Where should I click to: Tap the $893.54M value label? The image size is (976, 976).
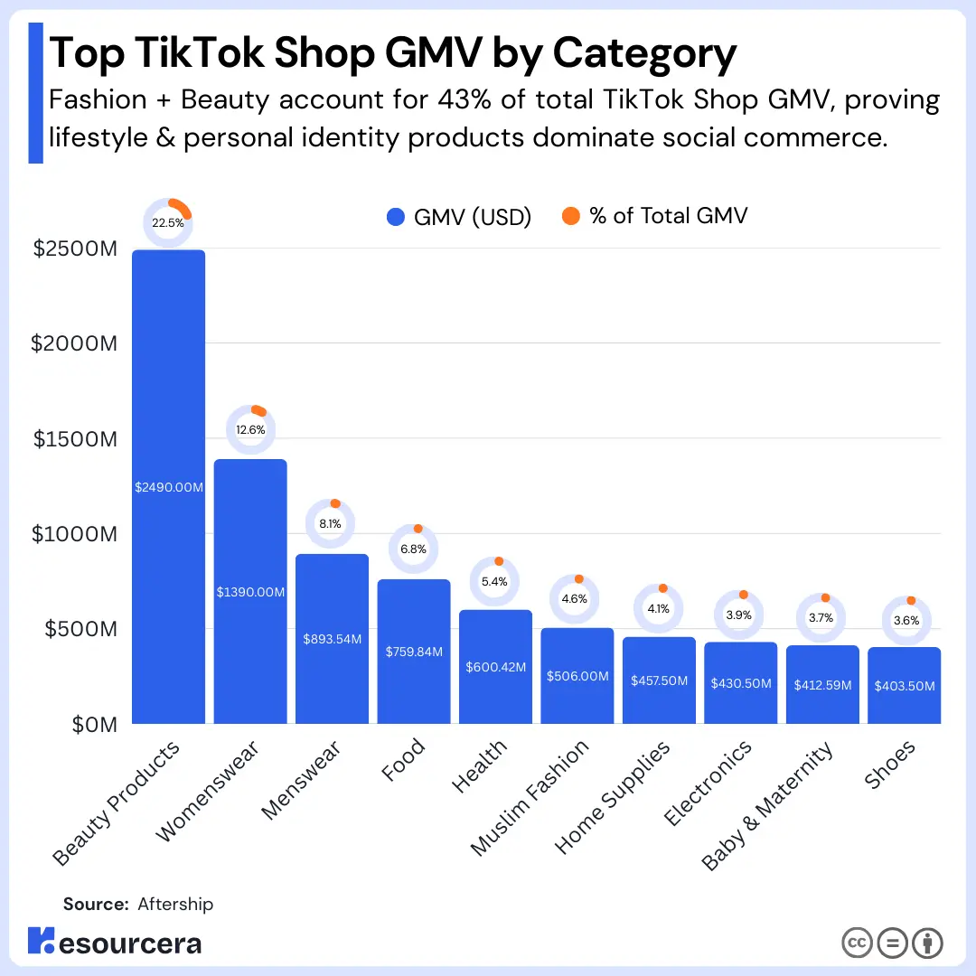(x=332, y=639)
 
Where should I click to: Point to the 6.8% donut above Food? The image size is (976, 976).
(x=414, y=549)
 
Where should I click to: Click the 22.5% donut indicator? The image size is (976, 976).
(x=168, y=222)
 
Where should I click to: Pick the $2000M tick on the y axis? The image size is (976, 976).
(x=74, y=343)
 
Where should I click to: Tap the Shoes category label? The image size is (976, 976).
(x=891, y=765)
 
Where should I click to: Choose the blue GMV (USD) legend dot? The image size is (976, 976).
(x=395, y=217)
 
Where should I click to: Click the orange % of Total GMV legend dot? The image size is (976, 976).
(x=570, y=216)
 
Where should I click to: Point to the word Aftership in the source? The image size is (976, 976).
(x=175, y=904)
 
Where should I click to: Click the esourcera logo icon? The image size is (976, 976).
(x=42, y=941)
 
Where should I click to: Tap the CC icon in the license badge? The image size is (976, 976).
(x=857, y=943)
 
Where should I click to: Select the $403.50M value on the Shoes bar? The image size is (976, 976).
(x=905, y=686)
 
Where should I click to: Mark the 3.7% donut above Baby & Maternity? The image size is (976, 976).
(x=822, y=617)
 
